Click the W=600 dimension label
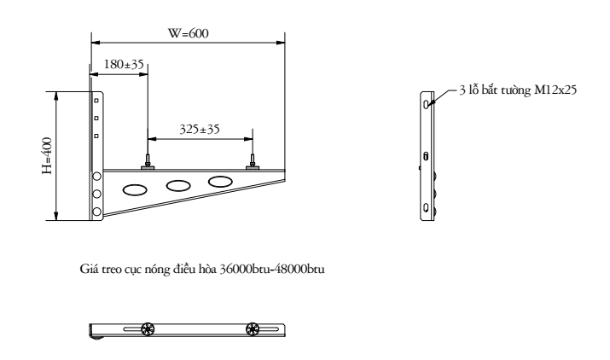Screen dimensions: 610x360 click(x=189, y=33)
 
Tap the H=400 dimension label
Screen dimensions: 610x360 click(x=47, y=155)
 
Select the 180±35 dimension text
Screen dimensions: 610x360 click(x=124, y=64)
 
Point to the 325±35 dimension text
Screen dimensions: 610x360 click(x=200, y=129)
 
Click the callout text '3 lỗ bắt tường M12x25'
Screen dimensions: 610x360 click(x=518, y=90)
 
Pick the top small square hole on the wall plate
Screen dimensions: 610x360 click(x=96, y=101)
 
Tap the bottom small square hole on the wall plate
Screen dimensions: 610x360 click(x=96, y=136)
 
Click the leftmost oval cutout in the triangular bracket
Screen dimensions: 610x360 click(x=135, y=190)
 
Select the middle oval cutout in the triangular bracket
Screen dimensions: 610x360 click(x=178, y=186)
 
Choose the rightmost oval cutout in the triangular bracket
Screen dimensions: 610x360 click(x=220, y=182)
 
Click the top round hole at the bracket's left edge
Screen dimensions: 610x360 click(x=96, y=177)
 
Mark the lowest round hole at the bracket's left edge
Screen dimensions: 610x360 click(x=96, y=212)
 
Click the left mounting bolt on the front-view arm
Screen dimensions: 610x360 click(x=148, y=162)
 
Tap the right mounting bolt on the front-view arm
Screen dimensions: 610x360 click(x=253, y=162)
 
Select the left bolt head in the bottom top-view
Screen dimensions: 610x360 click(x=148, y=329)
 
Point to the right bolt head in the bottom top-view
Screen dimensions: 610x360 click(x=253, y=329)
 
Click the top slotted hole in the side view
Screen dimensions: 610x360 click(x=427, y=104)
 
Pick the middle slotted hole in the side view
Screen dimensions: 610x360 click(x=426, y=156)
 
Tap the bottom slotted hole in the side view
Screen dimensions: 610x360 click(x=427, y=207)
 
